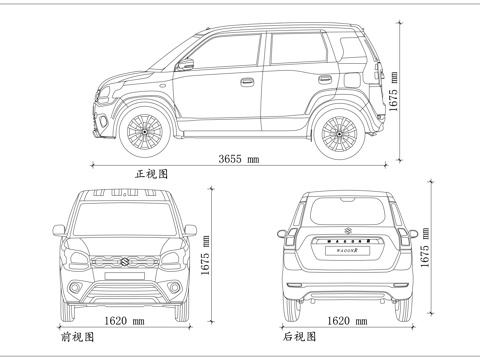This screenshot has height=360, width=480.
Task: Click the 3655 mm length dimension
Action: coord(239,159)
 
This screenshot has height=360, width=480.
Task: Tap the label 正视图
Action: coord(152,174)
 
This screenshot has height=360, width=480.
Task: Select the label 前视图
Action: coord(76,338)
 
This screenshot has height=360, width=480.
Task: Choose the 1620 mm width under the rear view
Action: coord(346,321)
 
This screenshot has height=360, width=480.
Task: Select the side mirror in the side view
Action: coord(185,65)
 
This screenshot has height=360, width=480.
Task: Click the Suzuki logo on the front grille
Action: coord(125,261)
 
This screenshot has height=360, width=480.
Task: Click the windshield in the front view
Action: coord(125,217)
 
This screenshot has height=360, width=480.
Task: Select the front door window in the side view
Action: coord(228,55)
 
